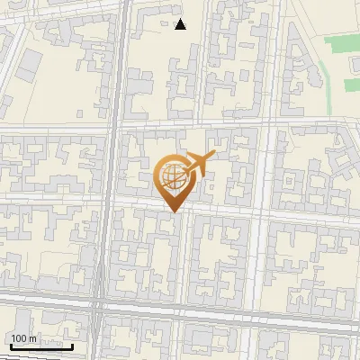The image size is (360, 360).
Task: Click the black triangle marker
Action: coord(181,24)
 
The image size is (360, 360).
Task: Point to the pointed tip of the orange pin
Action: coord(172,212)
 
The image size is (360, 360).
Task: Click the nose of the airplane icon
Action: coord(212,156)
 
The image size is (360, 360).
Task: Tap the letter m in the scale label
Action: coord(33,338)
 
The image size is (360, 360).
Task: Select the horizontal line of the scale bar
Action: coord(40,346)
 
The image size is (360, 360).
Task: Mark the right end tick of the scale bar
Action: coord(73,345)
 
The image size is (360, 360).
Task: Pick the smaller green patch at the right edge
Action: coord(352,85)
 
